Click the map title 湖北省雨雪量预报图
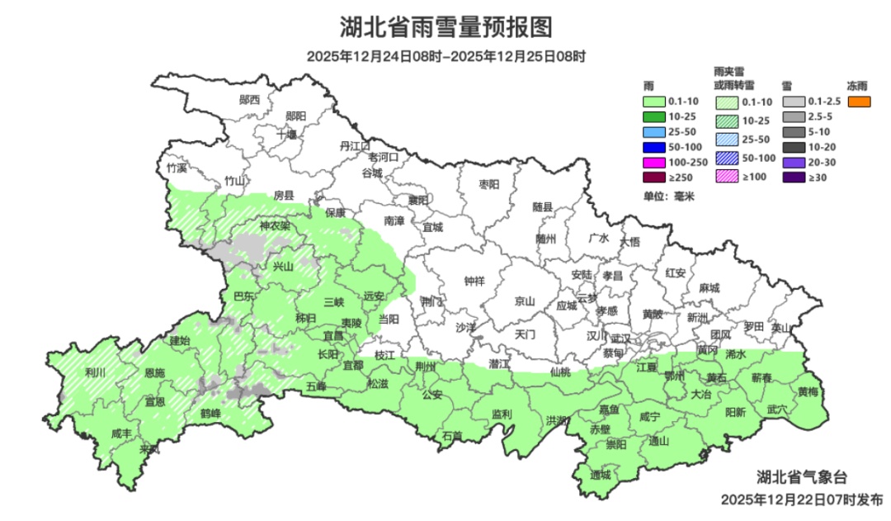(x=445, y=27)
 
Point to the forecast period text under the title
(x=445, y=57)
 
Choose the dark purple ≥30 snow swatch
(x=793, y=178)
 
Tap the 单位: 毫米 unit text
(x=669, y=197)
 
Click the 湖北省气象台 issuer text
(x=802, y=477)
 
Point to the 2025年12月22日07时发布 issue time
(x=801, y=500)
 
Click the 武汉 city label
(x=620, y=339)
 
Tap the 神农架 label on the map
(x=274, y=225)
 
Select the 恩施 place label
(x=154, y=373)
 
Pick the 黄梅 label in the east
(x=808, y=391)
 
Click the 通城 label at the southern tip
(x=601, y=476)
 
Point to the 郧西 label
(x=249, y=100)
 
